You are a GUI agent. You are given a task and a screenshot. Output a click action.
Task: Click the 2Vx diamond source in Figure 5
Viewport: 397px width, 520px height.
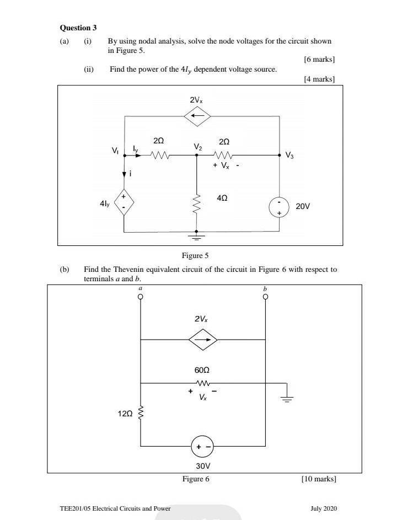point(197,116)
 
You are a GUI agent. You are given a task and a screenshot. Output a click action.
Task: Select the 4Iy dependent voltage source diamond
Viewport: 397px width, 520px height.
point(124,202)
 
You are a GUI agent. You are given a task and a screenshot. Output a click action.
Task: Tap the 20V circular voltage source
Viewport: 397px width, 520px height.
point(279,207)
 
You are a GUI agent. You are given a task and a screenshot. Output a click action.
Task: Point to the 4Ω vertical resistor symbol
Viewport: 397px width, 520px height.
point(197,205)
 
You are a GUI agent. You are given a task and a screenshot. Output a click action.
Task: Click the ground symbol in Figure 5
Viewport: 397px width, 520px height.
point(196,236)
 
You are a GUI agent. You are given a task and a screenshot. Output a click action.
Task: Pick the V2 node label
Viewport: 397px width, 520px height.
point(197,147)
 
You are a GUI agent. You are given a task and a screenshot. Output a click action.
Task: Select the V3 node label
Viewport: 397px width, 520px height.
point(289,155)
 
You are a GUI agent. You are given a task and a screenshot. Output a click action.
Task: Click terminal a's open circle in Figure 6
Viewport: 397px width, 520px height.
point(141,297)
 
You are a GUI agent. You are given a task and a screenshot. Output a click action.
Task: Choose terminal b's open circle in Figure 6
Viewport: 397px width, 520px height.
point(265,297)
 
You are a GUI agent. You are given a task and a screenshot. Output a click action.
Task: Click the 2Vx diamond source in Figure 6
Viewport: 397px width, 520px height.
point(203,340)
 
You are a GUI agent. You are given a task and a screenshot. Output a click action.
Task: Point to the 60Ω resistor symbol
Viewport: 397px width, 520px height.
point(203,383)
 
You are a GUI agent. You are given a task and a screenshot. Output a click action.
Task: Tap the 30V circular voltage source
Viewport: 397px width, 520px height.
point(203,446)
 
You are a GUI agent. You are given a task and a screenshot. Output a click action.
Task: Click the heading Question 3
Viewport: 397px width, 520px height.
point(78,28)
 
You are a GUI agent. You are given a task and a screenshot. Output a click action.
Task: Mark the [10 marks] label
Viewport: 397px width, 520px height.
point(319,479)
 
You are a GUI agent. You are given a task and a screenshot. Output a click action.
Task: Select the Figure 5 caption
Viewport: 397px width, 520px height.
point(195,255)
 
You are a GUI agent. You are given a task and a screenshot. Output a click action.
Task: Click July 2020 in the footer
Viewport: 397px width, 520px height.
point(324,508)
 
